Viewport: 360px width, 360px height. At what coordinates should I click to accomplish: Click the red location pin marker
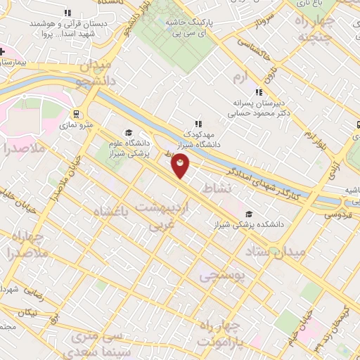point(180,166)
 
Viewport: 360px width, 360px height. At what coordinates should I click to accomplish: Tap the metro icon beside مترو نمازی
point(76,114)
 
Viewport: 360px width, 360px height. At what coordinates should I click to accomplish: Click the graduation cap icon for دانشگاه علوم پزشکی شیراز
point(128,132)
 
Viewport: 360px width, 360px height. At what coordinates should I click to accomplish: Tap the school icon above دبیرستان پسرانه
point(259,91)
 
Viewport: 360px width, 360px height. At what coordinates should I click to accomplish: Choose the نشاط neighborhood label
point(216,188)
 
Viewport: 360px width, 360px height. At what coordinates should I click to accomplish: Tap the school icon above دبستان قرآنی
point(67,13)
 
